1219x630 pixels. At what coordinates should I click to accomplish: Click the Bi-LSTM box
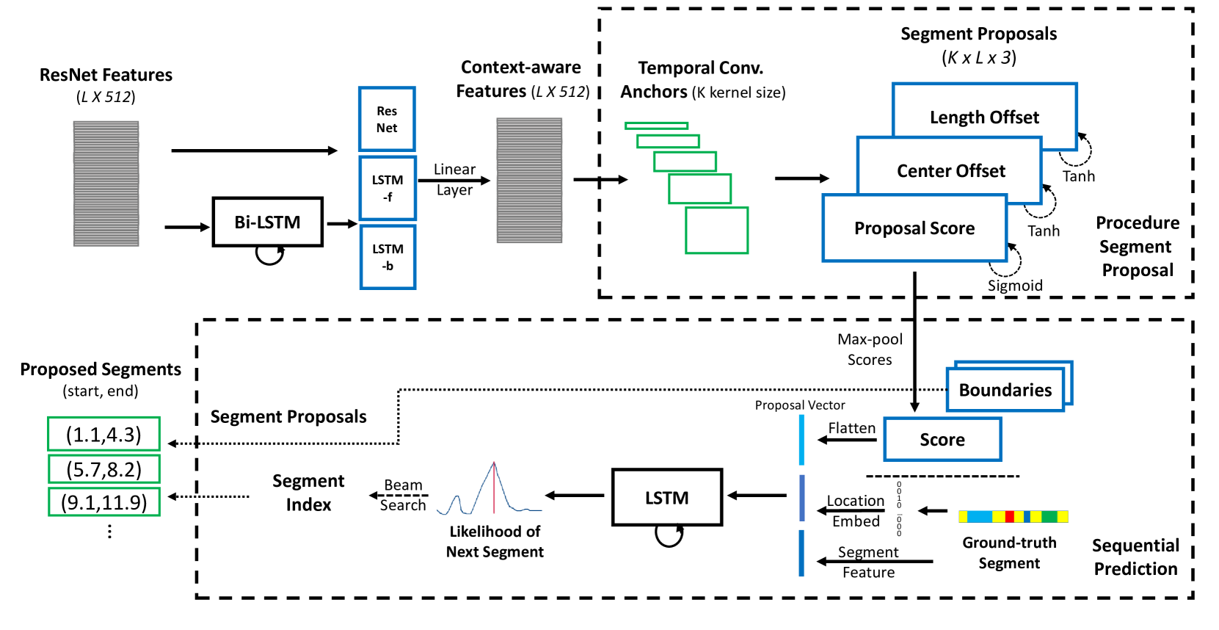[x=267, y=222]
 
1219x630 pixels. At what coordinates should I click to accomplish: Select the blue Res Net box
[x=387, y=119]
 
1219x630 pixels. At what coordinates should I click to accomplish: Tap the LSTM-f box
[x=387, y=188]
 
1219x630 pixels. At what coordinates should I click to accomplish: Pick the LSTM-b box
[x=387, y=257]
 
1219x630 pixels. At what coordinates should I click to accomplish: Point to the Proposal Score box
[x=914, y=228]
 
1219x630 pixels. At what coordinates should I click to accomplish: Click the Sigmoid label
[x=1015, y=286]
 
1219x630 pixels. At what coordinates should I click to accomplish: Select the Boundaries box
[x=1005, y=390]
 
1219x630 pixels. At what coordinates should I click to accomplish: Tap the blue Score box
[x=942, y=439]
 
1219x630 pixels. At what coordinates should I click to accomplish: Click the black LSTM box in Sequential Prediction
[x=666, y=498]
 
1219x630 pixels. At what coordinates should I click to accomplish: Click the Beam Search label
[x=403, y=495]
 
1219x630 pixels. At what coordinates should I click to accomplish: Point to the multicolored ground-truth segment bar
[x=1013, y=517]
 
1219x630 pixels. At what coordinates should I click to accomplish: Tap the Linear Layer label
[x=454, y=180]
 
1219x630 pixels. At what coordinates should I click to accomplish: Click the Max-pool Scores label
[x=870, y=350]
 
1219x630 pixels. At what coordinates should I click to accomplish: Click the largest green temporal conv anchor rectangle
[x=716, y=231]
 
